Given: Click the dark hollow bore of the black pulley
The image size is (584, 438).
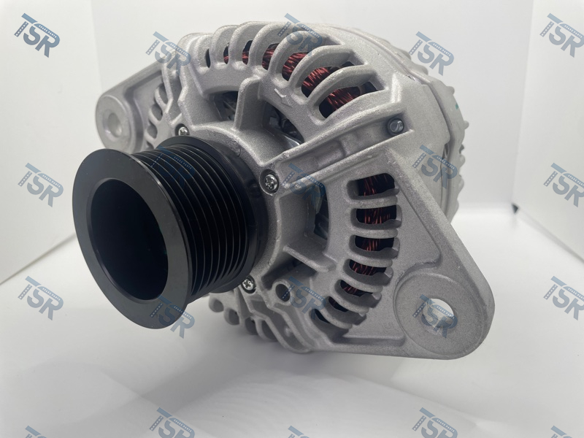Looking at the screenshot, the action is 128,239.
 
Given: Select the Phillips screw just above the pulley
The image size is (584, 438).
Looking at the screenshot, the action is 183,131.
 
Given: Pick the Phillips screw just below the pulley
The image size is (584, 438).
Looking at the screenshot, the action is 247,285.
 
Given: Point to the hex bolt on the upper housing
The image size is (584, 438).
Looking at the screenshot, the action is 395,126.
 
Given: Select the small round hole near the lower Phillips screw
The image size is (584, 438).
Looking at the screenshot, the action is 282,291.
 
